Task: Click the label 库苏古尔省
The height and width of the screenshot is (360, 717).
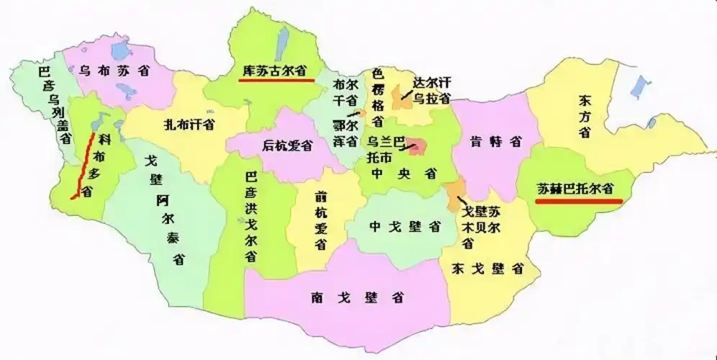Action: [272, 71]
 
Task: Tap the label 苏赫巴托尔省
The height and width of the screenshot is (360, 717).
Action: [579, 189]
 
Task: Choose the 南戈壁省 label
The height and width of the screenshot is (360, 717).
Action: [357, 296]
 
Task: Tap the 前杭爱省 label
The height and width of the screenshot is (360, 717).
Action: [320, 219]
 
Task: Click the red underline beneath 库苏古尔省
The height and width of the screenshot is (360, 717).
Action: [276, 80]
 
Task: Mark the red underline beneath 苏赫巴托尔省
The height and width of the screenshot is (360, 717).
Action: [579, 201]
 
